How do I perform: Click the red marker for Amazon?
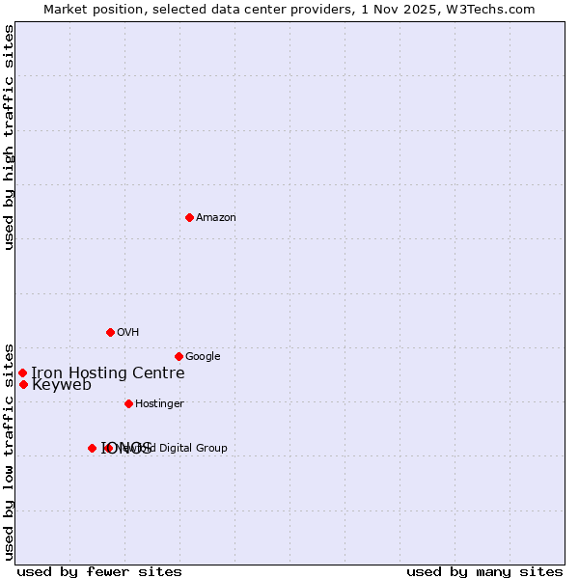click(x=189, y=217)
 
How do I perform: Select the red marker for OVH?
click(x=110, y=332)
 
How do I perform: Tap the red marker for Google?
click(x=179, y=356)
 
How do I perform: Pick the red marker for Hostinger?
click(x=128, y=403)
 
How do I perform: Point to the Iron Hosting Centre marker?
click(x=22, y=372)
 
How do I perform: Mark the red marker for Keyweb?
click(x=23, y=384)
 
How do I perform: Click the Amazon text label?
click(x=216, y=217)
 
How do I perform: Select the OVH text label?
click(x=128, y=332)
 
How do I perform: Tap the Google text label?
click(x=203, y=356)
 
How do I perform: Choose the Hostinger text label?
click(x=159, y=403)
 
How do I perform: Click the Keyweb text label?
click(x=62, y=384)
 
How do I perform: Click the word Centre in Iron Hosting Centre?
click(x=159, y=372)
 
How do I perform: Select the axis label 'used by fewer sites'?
click(x=99, y=571)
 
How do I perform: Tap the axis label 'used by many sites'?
click(x=484, y=571)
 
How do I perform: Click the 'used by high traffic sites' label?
click(x=9, y=137)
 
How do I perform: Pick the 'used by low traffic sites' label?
click(x=9, y=451)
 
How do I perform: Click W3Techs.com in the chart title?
click(x=494, y=9)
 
